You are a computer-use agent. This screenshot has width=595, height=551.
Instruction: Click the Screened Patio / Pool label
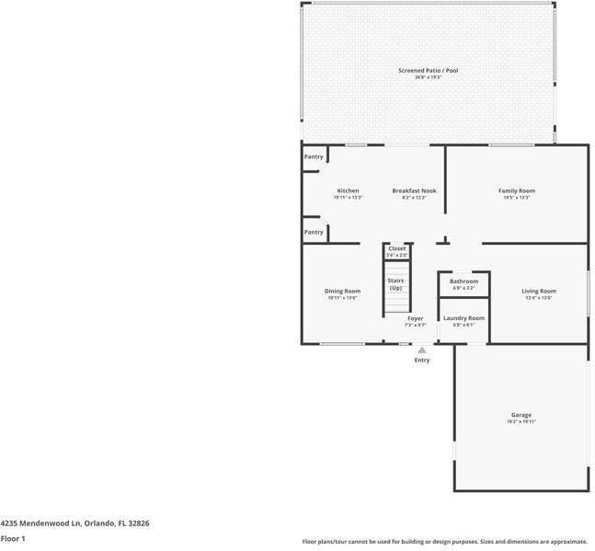pos(428,71)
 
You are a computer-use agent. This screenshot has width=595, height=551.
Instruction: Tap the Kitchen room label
pos(348,190)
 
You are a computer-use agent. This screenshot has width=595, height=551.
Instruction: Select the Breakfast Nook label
pos(414,190)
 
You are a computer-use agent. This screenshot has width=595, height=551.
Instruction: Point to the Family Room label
pos(517,190)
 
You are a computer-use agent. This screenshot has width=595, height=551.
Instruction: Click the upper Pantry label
pos(314,156)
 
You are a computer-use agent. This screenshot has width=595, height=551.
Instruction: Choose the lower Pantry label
pos(314,232)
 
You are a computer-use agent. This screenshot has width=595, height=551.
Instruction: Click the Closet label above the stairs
pos(396,248)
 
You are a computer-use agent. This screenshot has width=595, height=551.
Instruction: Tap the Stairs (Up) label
pos(395,283)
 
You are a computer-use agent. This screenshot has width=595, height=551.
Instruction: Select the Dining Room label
pos(342,291)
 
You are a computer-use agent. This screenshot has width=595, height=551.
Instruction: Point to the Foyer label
pos(416,318)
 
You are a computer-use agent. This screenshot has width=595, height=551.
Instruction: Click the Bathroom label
pos(463,281)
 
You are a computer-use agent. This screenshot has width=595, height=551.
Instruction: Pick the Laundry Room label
pos(463,318)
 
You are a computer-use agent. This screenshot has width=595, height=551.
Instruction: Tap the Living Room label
pos(538,291)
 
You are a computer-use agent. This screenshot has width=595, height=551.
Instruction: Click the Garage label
pos(521,415)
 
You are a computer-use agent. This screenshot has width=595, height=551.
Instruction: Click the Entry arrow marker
pos(421,350)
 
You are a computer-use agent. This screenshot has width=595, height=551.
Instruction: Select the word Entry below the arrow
pos(421,360)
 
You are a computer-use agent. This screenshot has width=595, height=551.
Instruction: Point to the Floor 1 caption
pos(13,538)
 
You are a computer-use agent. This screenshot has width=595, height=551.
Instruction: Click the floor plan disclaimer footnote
pos(446,541)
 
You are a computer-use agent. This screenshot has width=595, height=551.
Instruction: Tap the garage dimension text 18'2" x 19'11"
pos(521,421)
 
